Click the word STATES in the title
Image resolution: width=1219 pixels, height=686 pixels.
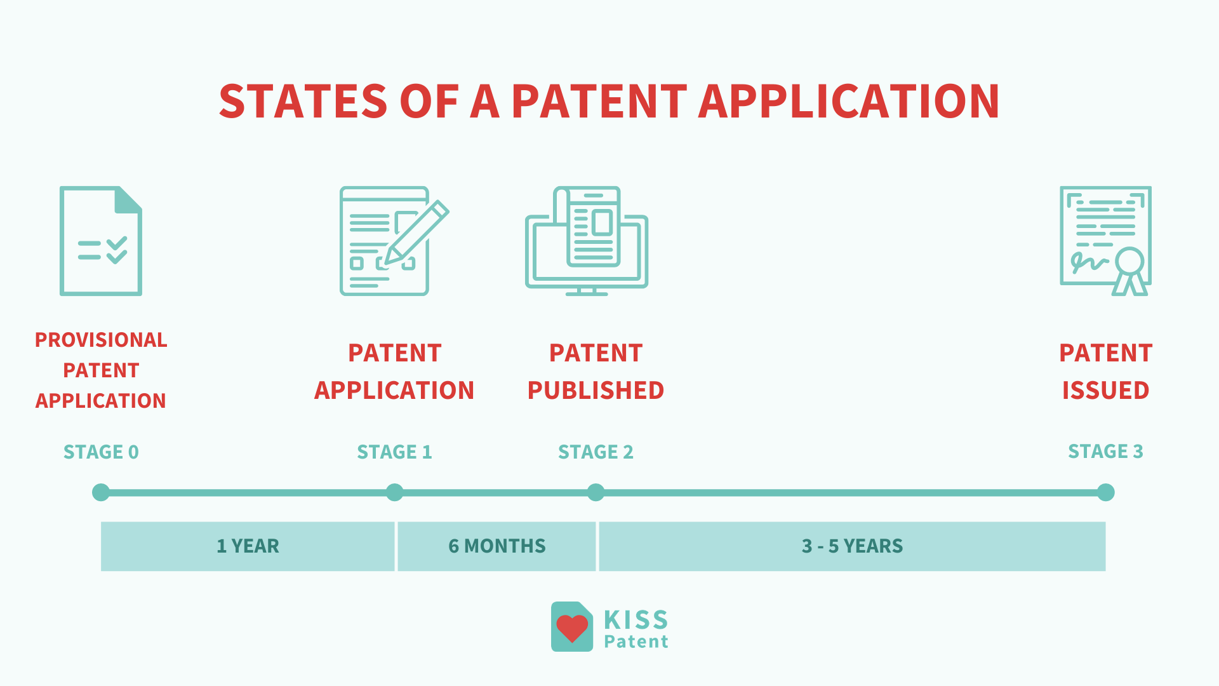pos(303,102)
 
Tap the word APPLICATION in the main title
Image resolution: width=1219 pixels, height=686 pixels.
pos(849,102)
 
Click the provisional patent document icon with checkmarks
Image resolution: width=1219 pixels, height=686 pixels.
pos(101,241)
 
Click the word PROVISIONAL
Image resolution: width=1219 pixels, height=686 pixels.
pos(101,340)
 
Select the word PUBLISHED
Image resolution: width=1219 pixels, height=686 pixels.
pos(596,390)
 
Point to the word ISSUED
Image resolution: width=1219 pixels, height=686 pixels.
pos(1105,390)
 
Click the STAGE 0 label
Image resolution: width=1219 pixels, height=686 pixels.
pos(101,452)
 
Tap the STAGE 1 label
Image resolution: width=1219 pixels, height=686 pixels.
pos(394,452)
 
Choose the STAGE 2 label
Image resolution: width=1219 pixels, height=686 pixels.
pos(596,452)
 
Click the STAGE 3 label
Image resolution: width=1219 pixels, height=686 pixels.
pos(1105,451)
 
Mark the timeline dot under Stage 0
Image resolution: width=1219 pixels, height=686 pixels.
pos(101,492)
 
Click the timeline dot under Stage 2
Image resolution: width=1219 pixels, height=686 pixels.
pos(596,492)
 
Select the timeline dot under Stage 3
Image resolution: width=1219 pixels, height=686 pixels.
pos(1105,492)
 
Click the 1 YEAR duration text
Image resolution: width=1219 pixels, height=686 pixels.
pos(248,546)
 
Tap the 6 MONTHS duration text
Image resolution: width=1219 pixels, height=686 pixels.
pos(496,546)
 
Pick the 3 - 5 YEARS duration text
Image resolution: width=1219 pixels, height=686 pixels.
pos(852,546)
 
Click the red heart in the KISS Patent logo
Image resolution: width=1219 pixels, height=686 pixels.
pos(572,628)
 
